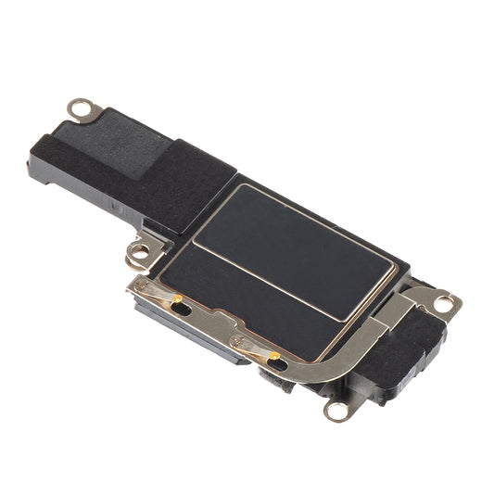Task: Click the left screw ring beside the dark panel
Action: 140,251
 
